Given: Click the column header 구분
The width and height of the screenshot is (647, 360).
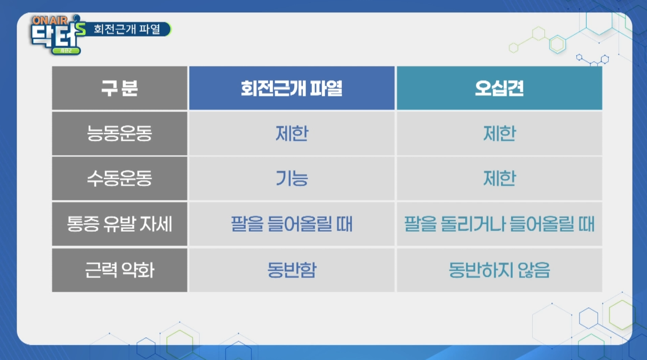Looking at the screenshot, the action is click(x=120, y=88).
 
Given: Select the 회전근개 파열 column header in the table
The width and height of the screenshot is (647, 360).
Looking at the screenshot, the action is click(x=292, y=88).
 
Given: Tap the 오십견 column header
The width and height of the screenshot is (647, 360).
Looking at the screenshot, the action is click(x=499, y=88).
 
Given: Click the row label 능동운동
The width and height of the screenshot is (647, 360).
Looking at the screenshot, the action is click(x=120, y=134).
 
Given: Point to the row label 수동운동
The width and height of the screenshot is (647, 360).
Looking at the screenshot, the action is click(x=120, y=179).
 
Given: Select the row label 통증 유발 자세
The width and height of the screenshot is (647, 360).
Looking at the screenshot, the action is click(x=120, y=224).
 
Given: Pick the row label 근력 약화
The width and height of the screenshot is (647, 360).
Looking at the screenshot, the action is click(x=120, y=270).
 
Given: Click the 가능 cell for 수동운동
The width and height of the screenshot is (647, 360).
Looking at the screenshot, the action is click(x=292, y=179).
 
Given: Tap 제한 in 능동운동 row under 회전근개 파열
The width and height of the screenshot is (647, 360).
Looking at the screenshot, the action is click(x=292, y=134).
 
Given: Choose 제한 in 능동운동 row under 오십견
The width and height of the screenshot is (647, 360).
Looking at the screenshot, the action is click(x=499, y=134).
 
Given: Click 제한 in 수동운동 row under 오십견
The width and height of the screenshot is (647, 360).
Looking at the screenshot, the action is click(x=499, y=179).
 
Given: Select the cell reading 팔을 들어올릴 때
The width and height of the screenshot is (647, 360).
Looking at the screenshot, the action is click(x=292, y=224).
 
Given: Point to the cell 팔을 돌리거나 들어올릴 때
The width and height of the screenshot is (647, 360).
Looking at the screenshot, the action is click(x=499, y=224).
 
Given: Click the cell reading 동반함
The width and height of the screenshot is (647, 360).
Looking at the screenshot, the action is click(x=292, y=270).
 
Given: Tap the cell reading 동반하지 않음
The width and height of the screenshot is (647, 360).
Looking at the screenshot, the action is click(x=499, y=270).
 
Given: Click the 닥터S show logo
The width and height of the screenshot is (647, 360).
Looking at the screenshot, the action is click(x=58, y=35).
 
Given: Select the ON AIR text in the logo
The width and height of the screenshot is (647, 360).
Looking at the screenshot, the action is click(x=50, y=20).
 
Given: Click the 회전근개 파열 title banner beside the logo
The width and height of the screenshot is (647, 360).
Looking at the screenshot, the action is click(x=128, y=29).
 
